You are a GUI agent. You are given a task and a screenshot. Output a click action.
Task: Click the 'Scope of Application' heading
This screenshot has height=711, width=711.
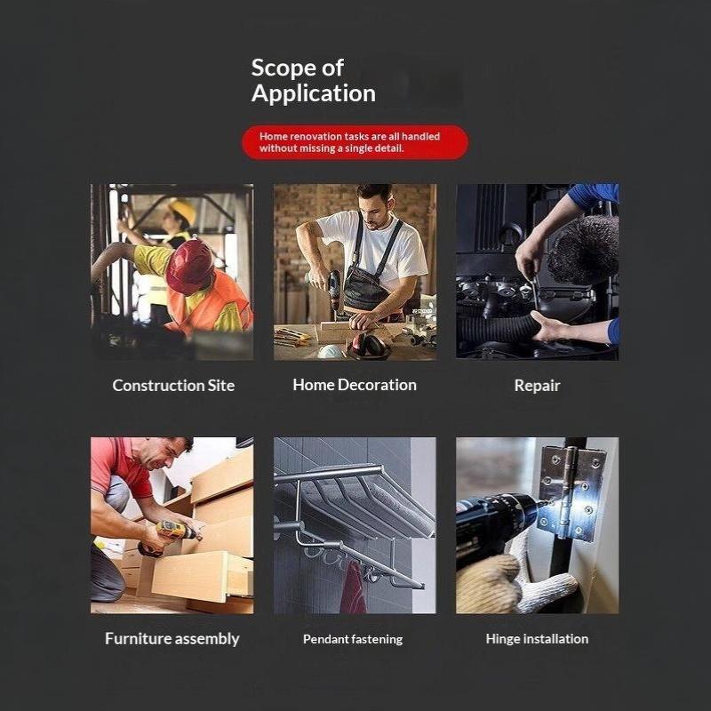[314, 81]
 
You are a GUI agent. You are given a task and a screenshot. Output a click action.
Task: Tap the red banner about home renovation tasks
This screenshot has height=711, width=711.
[355, 142]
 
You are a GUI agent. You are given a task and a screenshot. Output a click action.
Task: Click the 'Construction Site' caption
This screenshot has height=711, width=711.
[173, 386]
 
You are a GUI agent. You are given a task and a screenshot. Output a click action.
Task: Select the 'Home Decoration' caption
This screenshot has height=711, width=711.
[355, 385]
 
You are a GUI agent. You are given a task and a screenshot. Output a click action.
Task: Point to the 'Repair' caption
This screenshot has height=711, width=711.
[538, 386]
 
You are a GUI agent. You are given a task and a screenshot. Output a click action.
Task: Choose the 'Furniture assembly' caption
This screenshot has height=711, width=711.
[172, 639]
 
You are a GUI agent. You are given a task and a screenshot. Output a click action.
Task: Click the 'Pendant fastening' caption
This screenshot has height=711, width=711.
[353, 639]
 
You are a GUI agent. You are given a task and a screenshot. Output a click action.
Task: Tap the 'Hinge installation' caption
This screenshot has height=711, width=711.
[538, 639]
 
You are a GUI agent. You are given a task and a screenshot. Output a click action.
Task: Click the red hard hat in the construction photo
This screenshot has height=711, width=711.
[189, 266]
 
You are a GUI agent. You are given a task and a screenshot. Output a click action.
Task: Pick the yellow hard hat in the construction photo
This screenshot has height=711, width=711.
[182, 210]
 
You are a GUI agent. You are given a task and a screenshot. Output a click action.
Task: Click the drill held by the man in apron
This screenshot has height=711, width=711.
[335, 291]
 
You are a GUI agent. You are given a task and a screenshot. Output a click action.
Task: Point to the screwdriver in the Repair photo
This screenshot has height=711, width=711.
[535, 292]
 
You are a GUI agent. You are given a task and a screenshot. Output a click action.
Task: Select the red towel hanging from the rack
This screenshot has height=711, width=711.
[354, 587]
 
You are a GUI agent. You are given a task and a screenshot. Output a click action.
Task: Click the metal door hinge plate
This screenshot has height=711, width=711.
[571, 493]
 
